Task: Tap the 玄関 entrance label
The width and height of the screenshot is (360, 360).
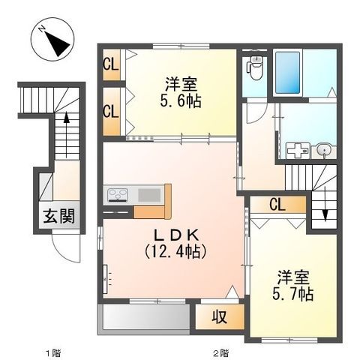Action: [x=57, y=218]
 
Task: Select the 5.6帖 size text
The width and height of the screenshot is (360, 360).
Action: [x=181, y=101]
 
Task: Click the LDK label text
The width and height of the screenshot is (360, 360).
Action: [x=174, y=233]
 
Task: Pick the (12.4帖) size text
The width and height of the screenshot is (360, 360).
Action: [x=174, y=252]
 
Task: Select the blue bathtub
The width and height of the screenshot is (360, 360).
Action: [x=287, y=73]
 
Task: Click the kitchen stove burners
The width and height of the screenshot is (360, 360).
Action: [x=118, y=196]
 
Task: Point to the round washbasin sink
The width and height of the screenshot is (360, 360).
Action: [x=323, y=149]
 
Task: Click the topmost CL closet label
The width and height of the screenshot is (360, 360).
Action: [x=111, y=64]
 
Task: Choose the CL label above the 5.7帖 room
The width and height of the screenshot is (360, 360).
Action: [x=277, y=205]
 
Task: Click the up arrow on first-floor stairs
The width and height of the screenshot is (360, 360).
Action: [x=67, y=118]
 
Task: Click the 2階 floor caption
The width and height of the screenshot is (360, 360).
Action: [x=220, y=352]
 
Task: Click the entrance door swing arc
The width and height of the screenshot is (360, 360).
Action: [x=70, y=250]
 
